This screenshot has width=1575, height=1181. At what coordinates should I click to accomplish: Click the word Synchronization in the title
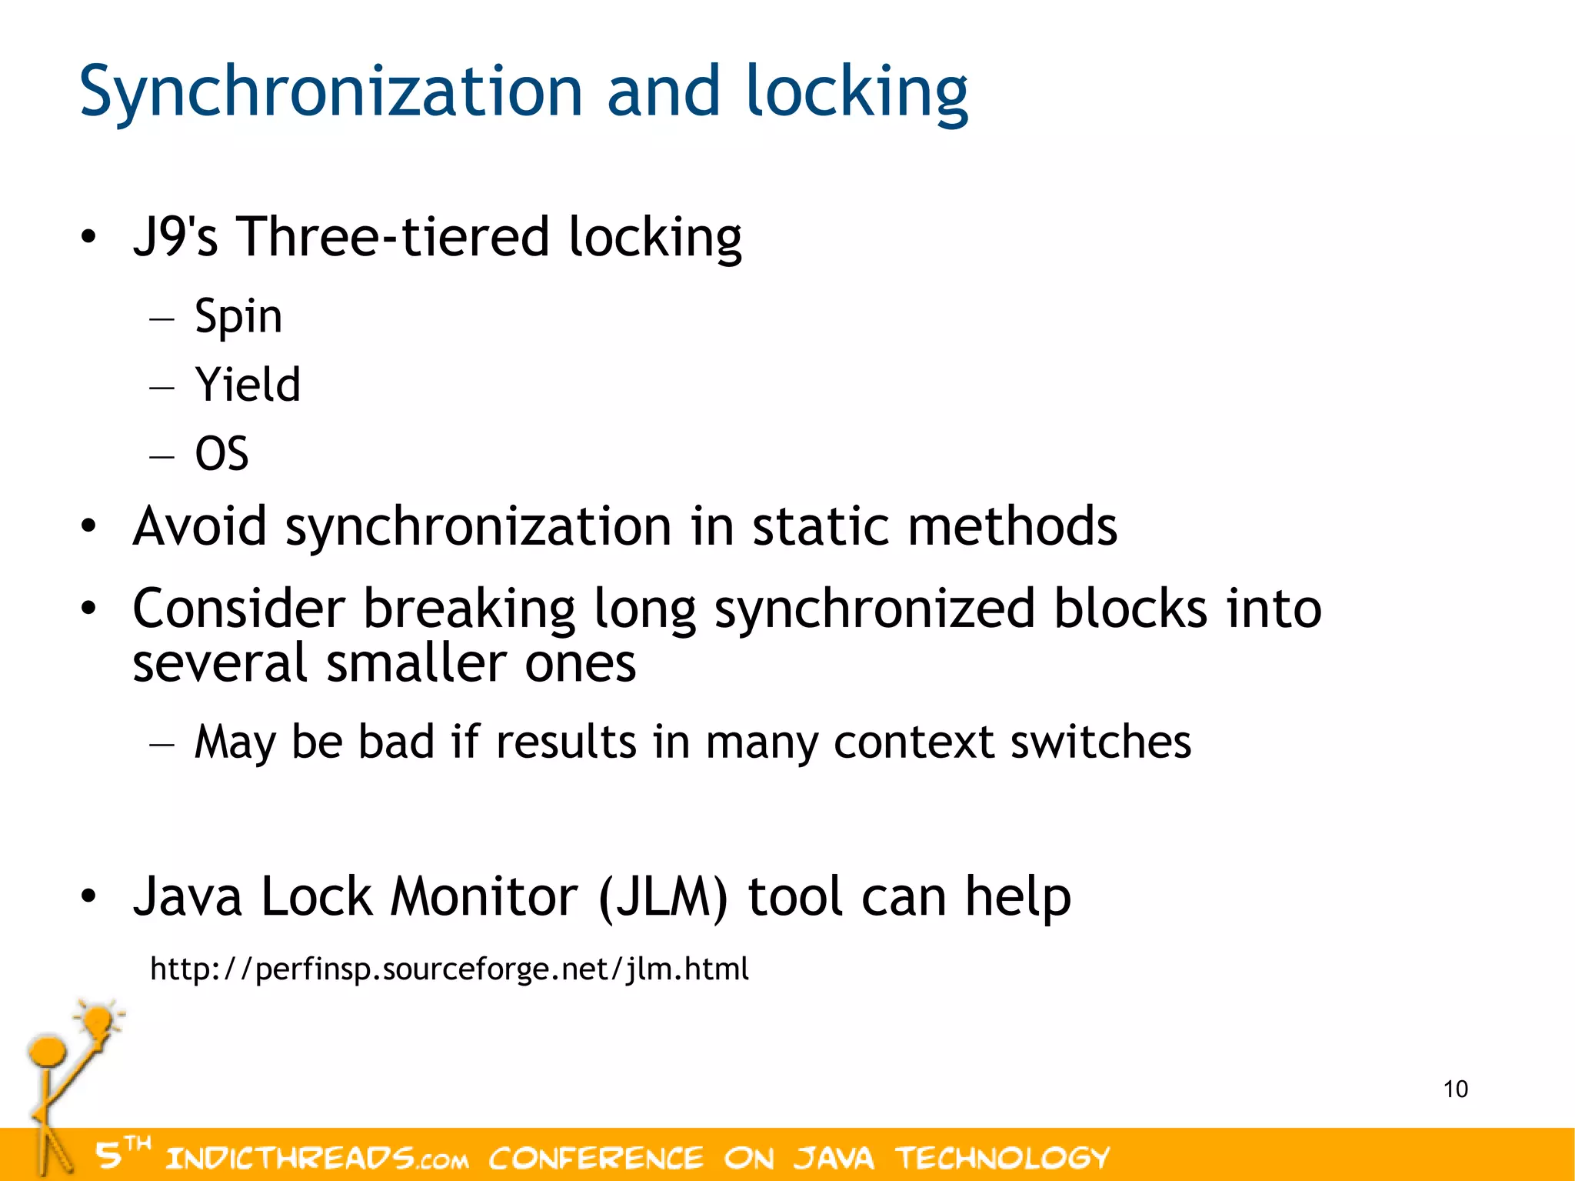(x=331, y=92)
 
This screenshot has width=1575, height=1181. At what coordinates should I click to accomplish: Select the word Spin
(x=238, y=316)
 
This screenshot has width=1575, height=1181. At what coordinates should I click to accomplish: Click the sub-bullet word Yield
(x=248, y=385)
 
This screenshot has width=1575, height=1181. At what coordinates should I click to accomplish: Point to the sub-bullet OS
(x=221, y=453)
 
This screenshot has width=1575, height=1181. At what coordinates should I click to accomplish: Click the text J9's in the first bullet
(x=175, y=236)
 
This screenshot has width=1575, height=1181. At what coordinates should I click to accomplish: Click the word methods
(x=1013, y=526)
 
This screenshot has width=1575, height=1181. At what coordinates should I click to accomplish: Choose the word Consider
(x=238, y=609)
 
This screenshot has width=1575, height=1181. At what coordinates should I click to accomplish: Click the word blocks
(x=1130, y=609)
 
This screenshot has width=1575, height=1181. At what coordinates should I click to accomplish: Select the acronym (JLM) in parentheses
(x=662, y=897)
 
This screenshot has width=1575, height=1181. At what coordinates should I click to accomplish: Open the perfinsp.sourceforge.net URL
(x=449, y=969)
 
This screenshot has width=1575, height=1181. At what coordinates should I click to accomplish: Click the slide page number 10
(x=1455, y=1089)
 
